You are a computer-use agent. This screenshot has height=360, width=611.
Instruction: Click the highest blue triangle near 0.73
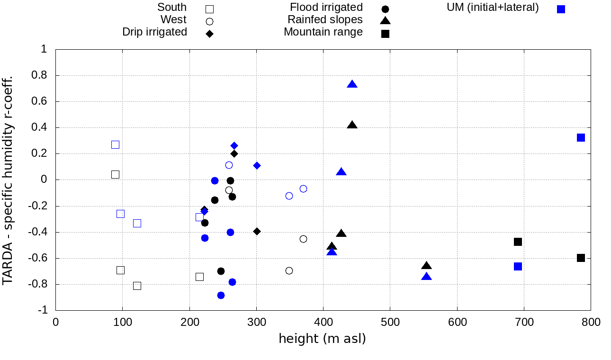pos(352,84)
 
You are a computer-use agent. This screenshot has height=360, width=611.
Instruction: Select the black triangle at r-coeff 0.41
pos(352,125)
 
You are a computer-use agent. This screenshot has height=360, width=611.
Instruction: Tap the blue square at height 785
pos(581,137)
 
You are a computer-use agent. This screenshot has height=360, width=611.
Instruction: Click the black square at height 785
pos(581,258)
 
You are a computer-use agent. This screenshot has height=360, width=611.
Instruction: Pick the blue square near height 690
pos(518,266)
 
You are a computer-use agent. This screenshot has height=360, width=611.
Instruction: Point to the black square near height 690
pos(518,242)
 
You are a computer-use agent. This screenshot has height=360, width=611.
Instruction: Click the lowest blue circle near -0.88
pos(221,295)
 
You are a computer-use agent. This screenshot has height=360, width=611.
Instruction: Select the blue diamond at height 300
pos(257,165)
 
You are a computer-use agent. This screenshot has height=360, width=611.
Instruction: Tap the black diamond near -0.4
pos(257,231)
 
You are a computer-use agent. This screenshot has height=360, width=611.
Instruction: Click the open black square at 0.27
pos(115,144)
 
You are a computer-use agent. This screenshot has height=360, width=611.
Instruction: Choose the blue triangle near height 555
pos(426,276)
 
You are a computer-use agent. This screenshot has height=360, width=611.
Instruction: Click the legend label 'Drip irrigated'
pos(154,32)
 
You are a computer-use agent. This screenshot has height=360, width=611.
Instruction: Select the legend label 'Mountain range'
pos(323,32)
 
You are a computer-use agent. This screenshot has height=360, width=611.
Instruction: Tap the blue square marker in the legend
pos(561,9)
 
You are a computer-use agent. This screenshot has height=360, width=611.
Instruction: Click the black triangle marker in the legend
pos(385,20)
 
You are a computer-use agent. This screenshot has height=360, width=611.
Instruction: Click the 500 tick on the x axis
pos(390,323)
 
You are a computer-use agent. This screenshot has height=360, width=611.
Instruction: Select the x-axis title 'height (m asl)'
pos(322,339)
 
